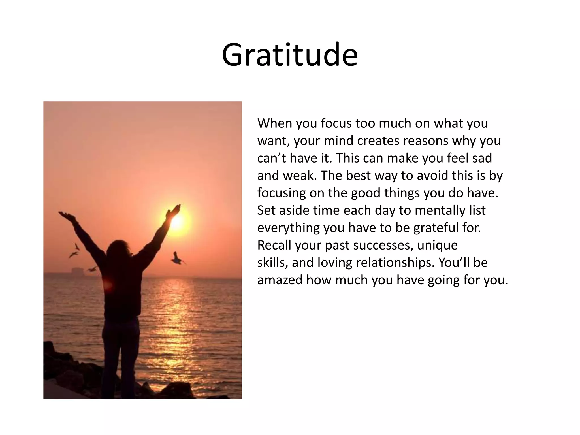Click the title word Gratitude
(x=290, y=55)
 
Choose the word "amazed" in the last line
(x=280, y=280)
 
